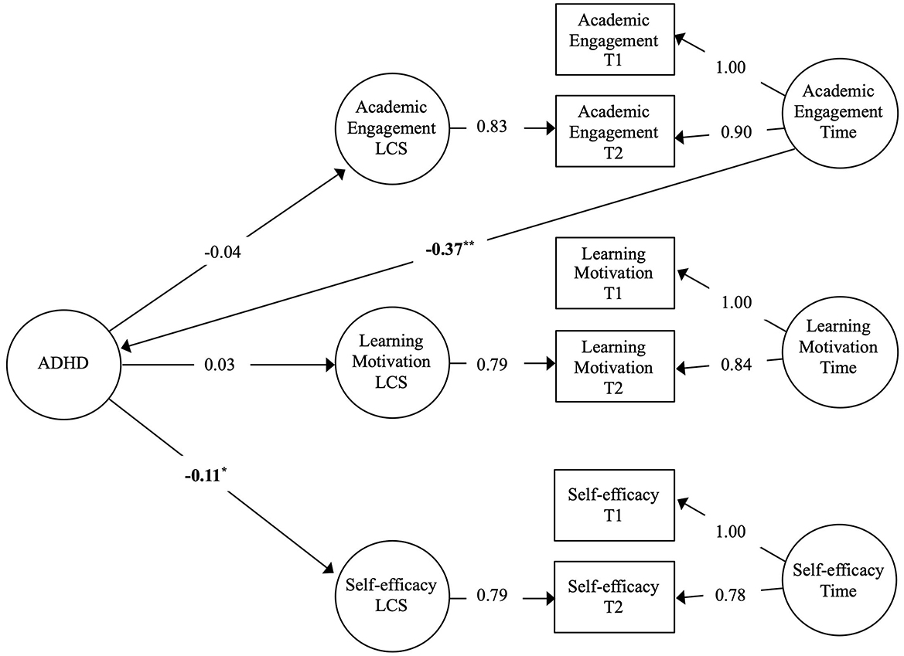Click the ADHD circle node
point(63,363)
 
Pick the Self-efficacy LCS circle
point(392,596)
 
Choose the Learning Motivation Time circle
point(839,348)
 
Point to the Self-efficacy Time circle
point(839,580)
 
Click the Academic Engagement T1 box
point(615,41)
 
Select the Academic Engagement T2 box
point(615,131)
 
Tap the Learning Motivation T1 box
point(615,274)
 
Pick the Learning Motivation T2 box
point(615,365)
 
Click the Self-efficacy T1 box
point(615,505)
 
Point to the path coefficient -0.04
point(224,251)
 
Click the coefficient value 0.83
point(491,127)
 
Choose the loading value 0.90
point(735,133)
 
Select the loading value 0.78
point(731,595)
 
